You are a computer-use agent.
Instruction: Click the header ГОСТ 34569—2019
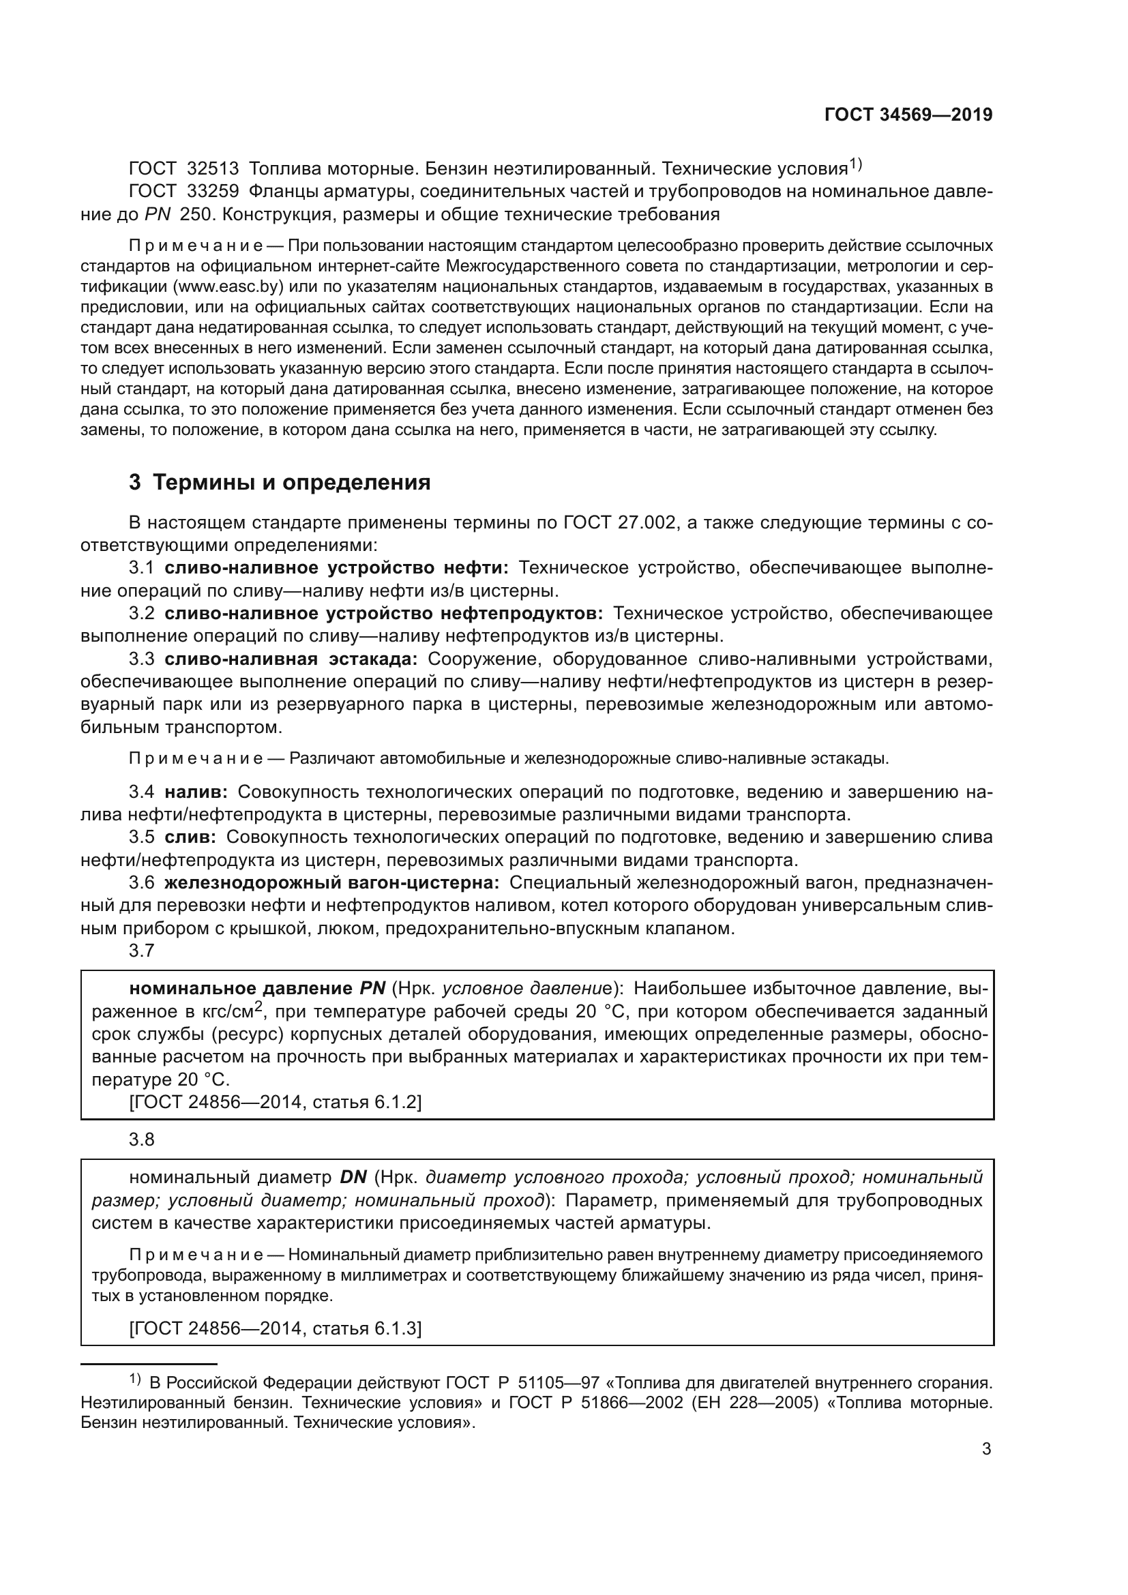point(908,115)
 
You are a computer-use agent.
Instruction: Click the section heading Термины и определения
point(291,482)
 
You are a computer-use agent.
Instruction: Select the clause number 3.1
point(141,568)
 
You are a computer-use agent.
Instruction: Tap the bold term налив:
point(196,792)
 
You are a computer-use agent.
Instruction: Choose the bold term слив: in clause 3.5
point(190,837)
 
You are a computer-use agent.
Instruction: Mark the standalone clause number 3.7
point(141,951)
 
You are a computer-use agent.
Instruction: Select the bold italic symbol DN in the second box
point(353,1178)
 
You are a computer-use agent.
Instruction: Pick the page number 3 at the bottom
point(986,1449)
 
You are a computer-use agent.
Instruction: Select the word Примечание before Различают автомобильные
point(195,758)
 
